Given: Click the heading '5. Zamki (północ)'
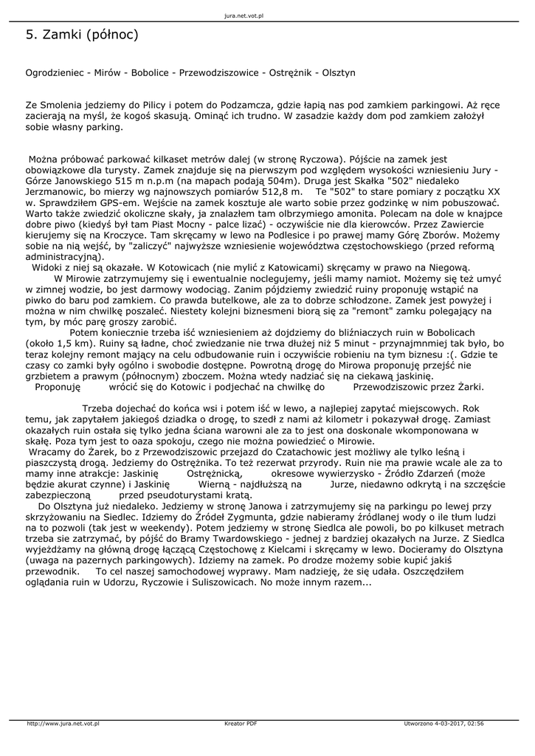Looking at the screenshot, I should coord(82,35).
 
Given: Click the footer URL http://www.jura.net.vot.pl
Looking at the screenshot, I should coord(63,724).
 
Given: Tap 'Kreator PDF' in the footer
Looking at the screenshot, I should coord(241,724).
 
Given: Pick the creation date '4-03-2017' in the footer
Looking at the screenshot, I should coord(451,724).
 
